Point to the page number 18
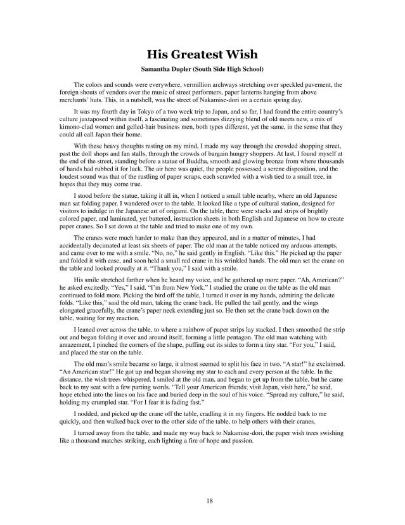coord(202,501)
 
